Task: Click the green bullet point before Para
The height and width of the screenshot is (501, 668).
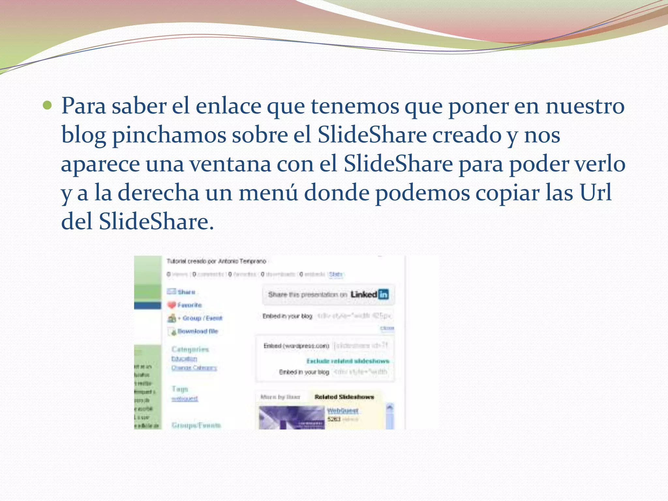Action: coord(47,106)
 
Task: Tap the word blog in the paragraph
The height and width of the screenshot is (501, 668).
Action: coord(83,135)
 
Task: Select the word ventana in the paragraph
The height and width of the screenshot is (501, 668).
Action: coord(230,164)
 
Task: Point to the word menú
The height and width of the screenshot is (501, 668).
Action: coord(268,192)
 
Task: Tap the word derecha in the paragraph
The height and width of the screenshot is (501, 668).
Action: coord(158,192)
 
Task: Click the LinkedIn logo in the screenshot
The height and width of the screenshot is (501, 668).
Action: coord(370,294)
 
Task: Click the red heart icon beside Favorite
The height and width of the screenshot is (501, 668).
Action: coord(172,305)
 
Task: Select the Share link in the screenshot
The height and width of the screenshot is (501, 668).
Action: coord(186,292)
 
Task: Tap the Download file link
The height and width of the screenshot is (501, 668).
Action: coord(198,331)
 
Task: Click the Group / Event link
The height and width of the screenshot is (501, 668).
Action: coord(202,318)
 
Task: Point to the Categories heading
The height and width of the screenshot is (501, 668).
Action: coord(190,349)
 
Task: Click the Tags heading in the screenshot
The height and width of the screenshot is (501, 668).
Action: coord(180,389)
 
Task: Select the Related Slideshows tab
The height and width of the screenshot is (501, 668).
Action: coord(344,397)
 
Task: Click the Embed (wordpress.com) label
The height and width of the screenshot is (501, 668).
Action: coord(296,346)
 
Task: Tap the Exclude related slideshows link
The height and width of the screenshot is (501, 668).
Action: coord(348,361)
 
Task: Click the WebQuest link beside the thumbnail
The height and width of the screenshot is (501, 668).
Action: coord(342,410)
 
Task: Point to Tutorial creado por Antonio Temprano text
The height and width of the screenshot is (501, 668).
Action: coord(216,261)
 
